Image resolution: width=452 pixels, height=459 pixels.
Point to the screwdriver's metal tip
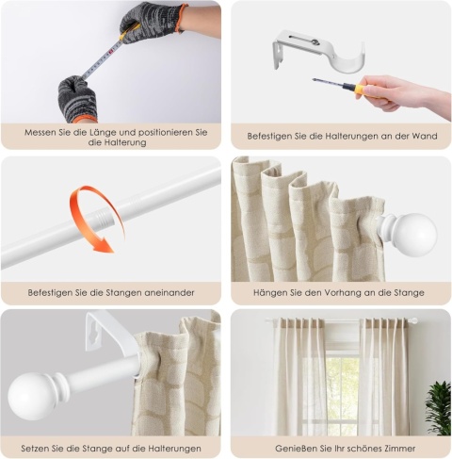point(315,80)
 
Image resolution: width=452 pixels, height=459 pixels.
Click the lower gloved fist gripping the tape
point(77,99)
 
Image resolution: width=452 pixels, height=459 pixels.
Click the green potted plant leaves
point(439,408)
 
